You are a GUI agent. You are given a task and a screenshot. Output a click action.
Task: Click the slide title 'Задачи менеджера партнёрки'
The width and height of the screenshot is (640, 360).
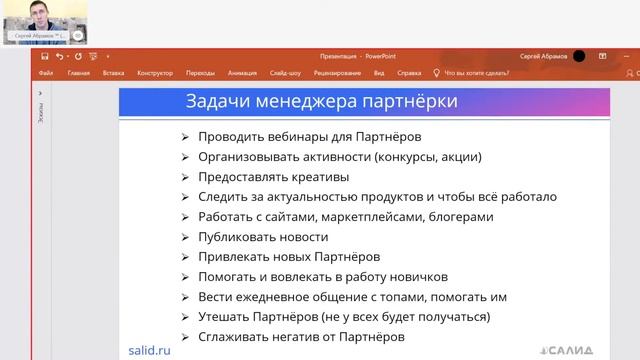tap(323, 101)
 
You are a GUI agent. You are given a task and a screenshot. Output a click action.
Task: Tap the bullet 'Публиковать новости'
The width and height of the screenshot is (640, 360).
tap(263, 237)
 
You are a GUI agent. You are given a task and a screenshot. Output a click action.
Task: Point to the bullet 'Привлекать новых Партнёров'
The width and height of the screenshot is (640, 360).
tap(289, 257)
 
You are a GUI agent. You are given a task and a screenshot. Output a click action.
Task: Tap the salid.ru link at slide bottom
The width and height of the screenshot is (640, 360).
tap(149, 350)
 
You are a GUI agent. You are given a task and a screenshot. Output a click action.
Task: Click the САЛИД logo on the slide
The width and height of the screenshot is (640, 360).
tap(566, 351)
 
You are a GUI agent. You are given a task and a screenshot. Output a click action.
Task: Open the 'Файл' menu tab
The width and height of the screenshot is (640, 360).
tap(46, 73)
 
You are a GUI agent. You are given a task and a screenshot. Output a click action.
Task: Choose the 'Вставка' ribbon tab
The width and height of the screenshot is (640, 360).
tap(113, 73)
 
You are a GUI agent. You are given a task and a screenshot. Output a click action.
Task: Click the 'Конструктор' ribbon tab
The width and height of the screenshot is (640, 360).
tap(156, 73)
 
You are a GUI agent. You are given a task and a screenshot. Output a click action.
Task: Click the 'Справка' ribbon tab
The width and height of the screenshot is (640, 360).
tap(409, 73)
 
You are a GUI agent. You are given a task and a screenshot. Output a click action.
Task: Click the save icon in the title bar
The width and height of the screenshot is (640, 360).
tap(45, 56)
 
